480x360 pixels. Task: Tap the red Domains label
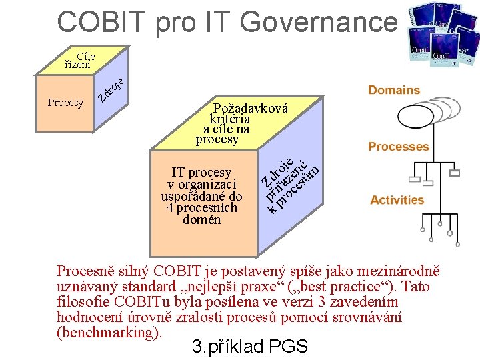click(x=394, y=90)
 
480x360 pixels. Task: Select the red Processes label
click(x=399, y=147)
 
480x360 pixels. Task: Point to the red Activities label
click(x=397, y=200)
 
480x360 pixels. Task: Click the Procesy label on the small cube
click(x=65, y=103)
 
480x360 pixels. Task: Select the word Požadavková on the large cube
click(x=250, y=108)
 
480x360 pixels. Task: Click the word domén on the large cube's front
click(x=201, y=219)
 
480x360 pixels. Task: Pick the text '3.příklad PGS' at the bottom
click(x=249, y=347)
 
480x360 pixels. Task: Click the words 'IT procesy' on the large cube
click(x=201, y=173)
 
